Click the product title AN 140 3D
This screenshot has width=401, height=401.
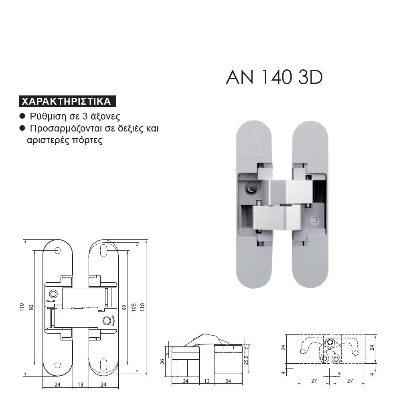[x=274, y=77]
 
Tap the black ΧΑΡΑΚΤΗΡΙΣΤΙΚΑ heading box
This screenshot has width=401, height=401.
[x=67, y=101]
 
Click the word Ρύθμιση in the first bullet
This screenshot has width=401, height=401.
[x=48, y=116]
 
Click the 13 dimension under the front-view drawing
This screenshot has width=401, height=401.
[x=81, y=385]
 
